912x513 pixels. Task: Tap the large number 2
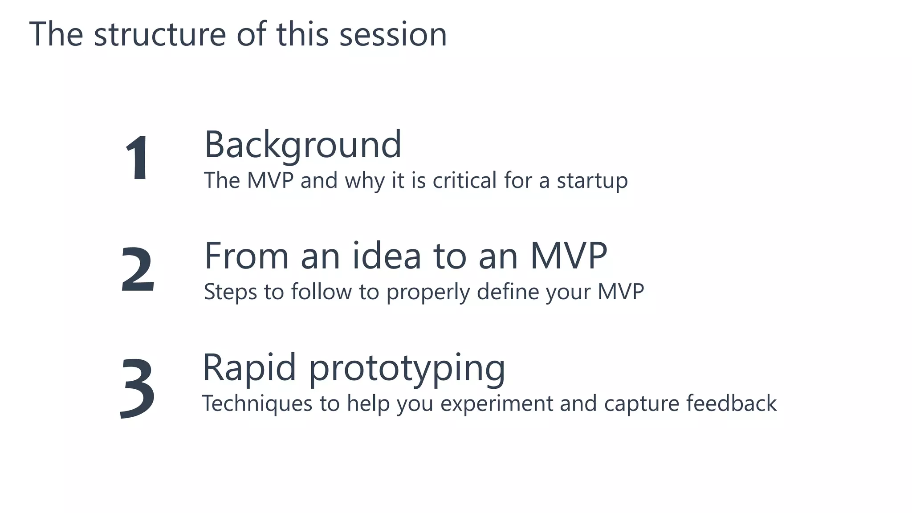click(x=138, y=270)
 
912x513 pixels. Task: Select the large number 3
click(x=137, y=388)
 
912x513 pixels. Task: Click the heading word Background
click(x=303, y=145)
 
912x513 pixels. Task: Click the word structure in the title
click(x=160, y=34)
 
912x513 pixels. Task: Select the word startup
click(x=592, y=181)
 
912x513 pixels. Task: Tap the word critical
click(x=464, y=180)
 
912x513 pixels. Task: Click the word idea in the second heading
click(x=387, y=256)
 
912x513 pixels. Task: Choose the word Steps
click(x=230, y=292)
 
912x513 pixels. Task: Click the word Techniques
click(x=257, y=404)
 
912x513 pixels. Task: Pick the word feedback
click(x=731, y=403)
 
